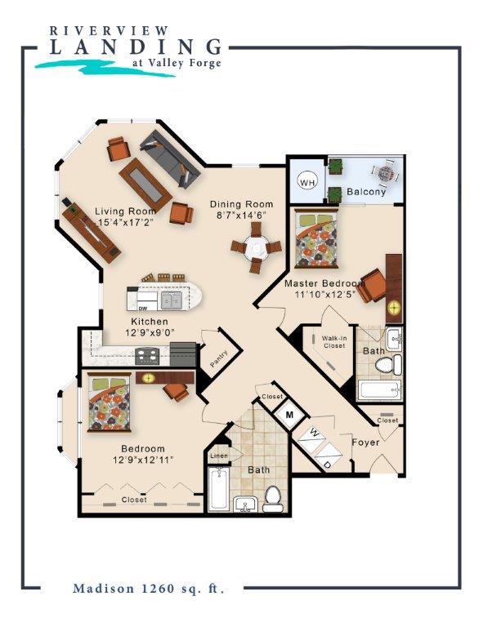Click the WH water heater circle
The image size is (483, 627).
[307, 183]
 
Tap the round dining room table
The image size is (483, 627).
[256, 248]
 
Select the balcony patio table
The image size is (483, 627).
[386, 174]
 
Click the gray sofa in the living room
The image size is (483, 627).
[170, 158]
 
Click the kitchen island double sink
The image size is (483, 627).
[172, 300]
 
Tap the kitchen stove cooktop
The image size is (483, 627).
[147, 356]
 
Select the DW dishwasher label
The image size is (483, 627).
[143, 309]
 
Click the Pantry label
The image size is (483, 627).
[219, 358]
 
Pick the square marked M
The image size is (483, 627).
[290, 415]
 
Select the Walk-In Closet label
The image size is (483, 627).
[334, 342]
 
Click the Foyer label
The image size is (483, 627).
[365, 442]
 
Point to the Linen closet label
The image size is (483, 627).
[218, 456]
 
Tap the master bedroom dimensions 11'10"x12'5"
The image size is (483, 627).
[325, 295]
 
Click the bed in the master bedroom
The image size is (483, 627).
[316, 238]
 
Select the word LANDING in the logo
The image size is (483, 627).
[136, 47]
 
